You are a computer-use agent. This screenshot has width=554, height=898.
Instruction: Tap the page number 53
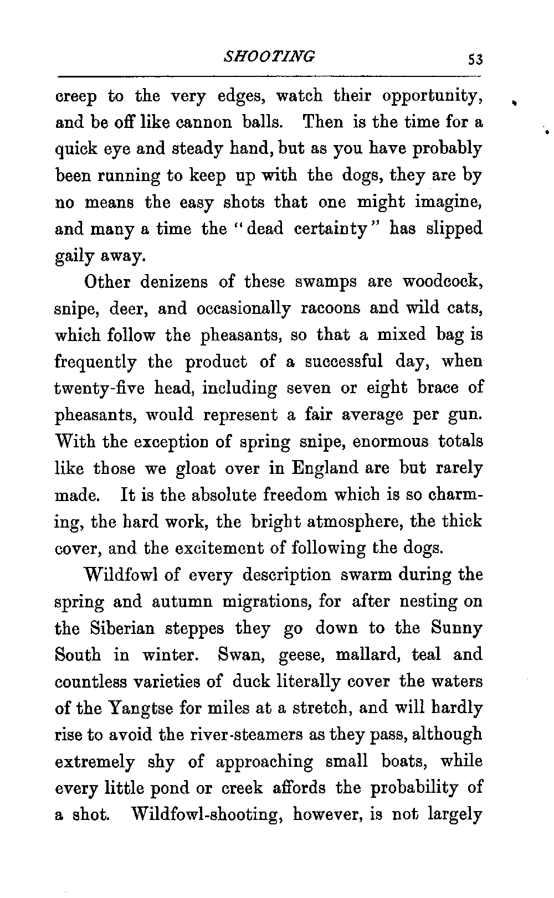coord(475,59)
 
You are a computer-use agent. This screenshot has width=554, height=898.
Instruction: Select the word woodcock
coord(443,282)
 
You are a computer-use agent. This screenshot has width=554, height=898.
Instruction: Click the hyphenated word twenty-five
coord(100,388)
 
